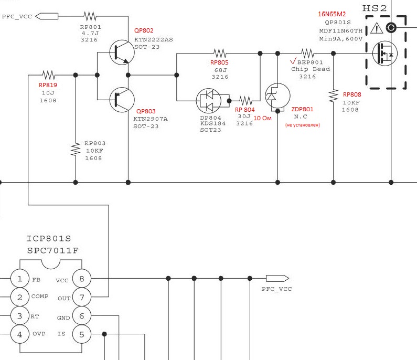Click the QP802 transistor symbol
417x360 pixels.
click(122, 52)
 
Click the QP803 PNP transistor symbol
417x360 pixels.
click(122, 100)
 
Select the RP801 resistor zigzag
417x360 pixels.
click(90, 16)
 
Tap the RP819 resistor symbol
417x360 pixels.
click(49, 75)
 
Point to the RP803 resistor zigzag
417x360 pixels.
click(76, 149)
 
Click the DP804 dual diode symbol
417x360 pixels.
click(209, 101)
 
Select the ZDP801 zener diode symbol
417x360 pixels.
click(277, 96)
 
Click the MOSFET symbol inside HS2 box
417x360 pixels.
click(385, 53)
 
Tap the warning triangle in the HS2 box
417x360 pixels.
click(377, 28)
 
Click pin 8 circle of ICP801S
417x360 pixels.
click(82, 279)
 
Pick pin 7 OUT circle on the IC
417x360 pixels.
click(82, 297)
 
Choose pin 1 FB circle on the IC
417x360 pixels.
click(20, 279)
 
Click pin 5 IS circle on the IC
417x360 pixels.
click(82, 334)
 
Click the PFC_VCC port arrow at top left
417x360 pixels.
click(47, 16)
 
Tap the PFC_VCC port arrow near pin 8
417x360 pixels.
click(277, 278)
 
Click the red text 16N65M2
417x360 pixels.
click(332, 14)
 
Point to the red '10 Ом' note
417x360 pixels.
click(262, 118)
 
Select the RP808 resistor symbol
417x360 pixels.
click(334, 96)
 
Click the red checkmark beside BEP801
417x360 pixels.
click(293, 61)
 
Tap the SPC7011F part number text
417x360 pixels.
click(53, 251)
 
